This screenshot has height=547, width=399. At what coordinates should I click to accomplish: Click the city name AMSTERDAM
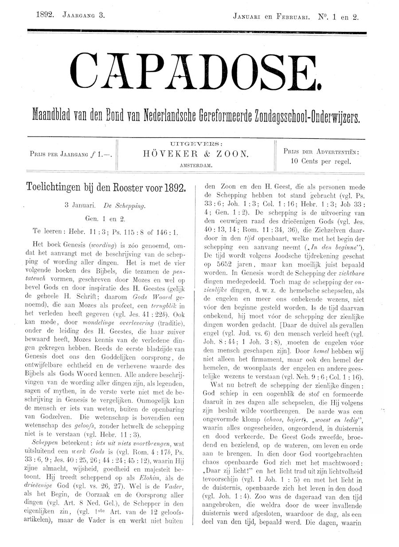click(x=196, y=165)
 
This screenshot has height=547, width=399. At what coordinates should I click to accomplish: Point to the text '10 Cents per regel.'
click(x=321, y=161)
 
